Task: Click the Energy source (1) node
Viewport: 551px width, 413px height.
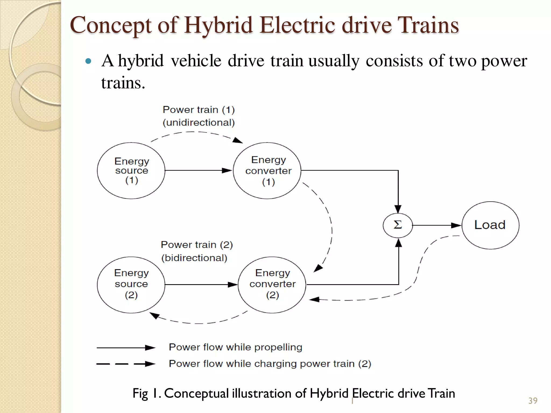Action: pyautogui.click(x=131, y=170)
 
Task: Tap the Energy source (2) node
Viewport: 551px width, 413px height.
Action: pyautogui.click(x=131, y=284)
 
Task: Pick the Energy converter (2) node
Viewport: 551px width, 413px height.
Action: pyautogui.click(x=272, y=284)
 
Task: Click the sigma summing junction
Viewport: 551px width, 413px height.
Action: pyautogui.click(x=398, y=225)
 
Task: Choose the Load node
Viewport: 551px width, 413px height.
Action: pyautogui.click(x=490, y=225)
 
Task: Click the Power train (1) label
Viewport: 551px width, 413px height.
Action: pyautogui.click(x=199, y=110)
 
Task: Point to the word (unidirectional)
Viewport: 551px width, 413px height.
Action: pyautogui.click(x=199, y=123)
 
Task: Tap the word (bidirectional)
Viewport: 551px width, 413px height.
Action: pyautogui.click(x=194, y=258)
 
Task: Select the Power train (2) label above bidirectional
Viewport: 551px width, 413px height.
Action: pyautogui.click(x=197, y=245)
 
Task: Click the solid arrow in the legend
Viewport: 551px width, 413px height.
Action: pyautogui.click(x=126, y=348)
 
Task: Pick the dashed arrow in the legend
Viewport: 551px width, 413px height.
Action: pyautogui.click(x=126, y=364)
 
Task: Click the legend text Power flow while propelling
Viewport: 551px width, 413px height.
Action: pyautogui.click(x=235, y=347)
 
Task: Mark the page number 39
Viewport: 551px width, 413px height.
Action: pyautogui.click(x=533, y=401)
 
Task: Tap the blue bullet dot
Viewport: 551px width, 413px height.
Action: pyautogui.click(x=88, y=61)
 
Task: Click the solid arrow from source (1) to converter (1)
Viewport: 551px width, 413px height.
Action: pyautogui.click(x=199, y=170)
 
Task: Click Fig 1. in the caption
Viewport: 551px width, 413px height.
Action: pyautogui.click(x=147, y=393)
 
